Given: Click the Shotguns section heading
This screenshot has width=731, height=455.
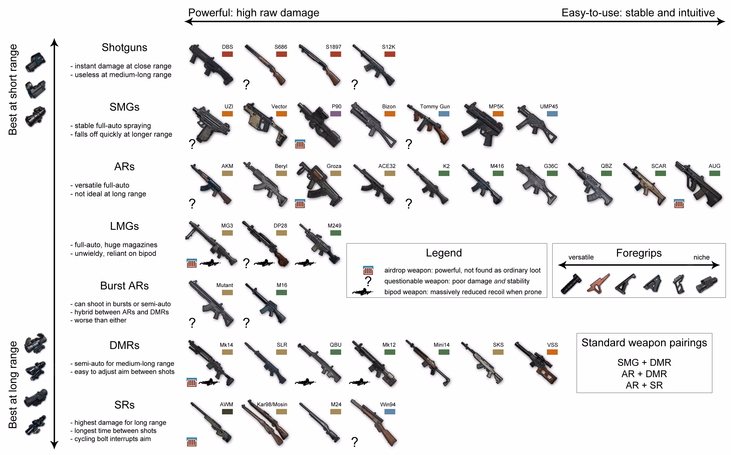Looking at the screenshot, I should click(x=124, y=48).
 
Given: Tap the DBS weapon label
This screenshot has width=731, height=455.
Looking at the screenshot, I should click(x=227, y=47).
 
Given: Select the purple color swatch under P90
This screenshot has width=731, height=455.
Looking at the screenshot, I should click(x=335, y=114).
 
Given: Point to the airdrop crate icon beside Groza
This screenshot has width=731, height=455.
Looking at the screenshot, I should click(x=300, y=204).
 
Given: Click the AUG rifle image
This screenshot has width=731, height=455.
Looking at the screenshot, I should click(x=699, y=185).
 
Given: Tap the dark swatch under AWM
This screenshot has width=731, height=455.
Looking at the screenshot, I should click(x=227, y=412).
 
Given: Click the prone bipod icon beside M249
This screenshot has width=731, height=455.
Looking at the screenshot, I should click(x=305, y=263).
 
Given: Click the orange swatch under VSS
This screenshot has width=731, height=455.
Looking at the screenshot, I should click(x=552, y=352).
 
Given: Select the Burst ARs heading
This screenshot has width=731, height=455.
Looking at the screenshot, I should click(x=124, y=286).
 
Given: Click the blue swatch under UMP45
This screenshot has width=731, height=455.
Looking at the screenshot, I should click(x=552, y=114).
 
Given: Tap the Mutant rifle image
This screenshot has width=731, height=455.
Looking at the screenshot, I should click(x=211, y=304).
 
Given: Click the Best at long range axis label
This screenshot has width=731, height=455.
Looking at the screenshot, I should click(x=13, y=384).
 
